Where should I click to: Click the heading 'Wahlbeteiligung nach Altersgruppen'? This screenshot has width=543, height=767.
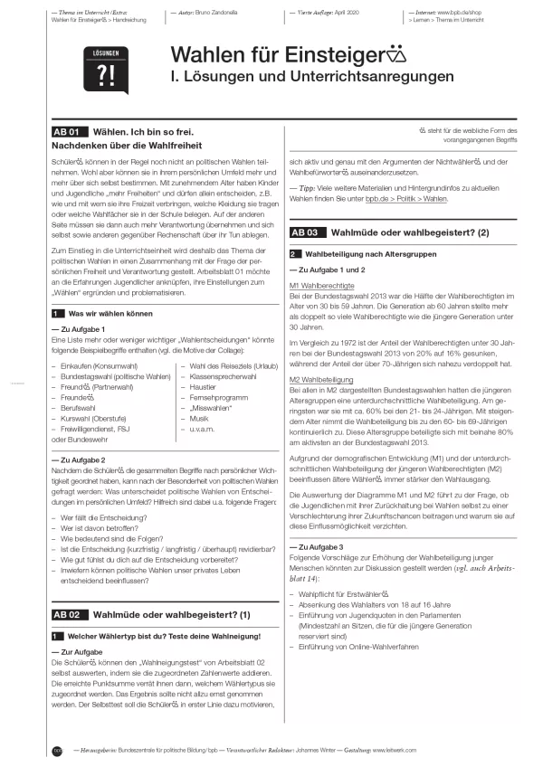point(367,254)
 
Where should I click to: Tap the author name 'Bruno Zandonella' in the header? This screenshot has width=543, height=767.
point(219,14)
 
